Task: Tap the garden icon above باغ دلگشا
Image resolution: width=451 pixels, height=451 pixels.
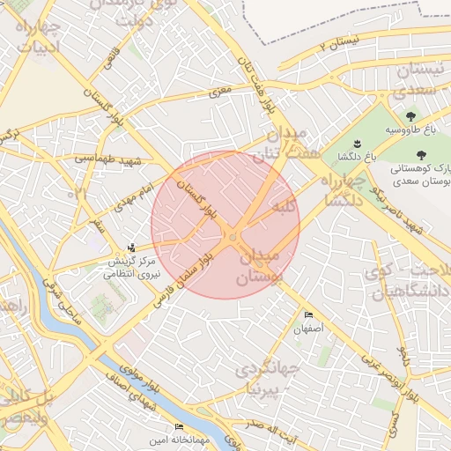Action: click(x=357, y=144)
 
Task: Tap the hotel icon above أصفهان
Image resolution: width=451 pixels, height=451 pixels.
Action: click(x=308, y=314)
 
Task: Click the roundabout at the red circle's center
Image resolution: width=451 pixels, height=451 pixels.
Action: click(x=232, y=236)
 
